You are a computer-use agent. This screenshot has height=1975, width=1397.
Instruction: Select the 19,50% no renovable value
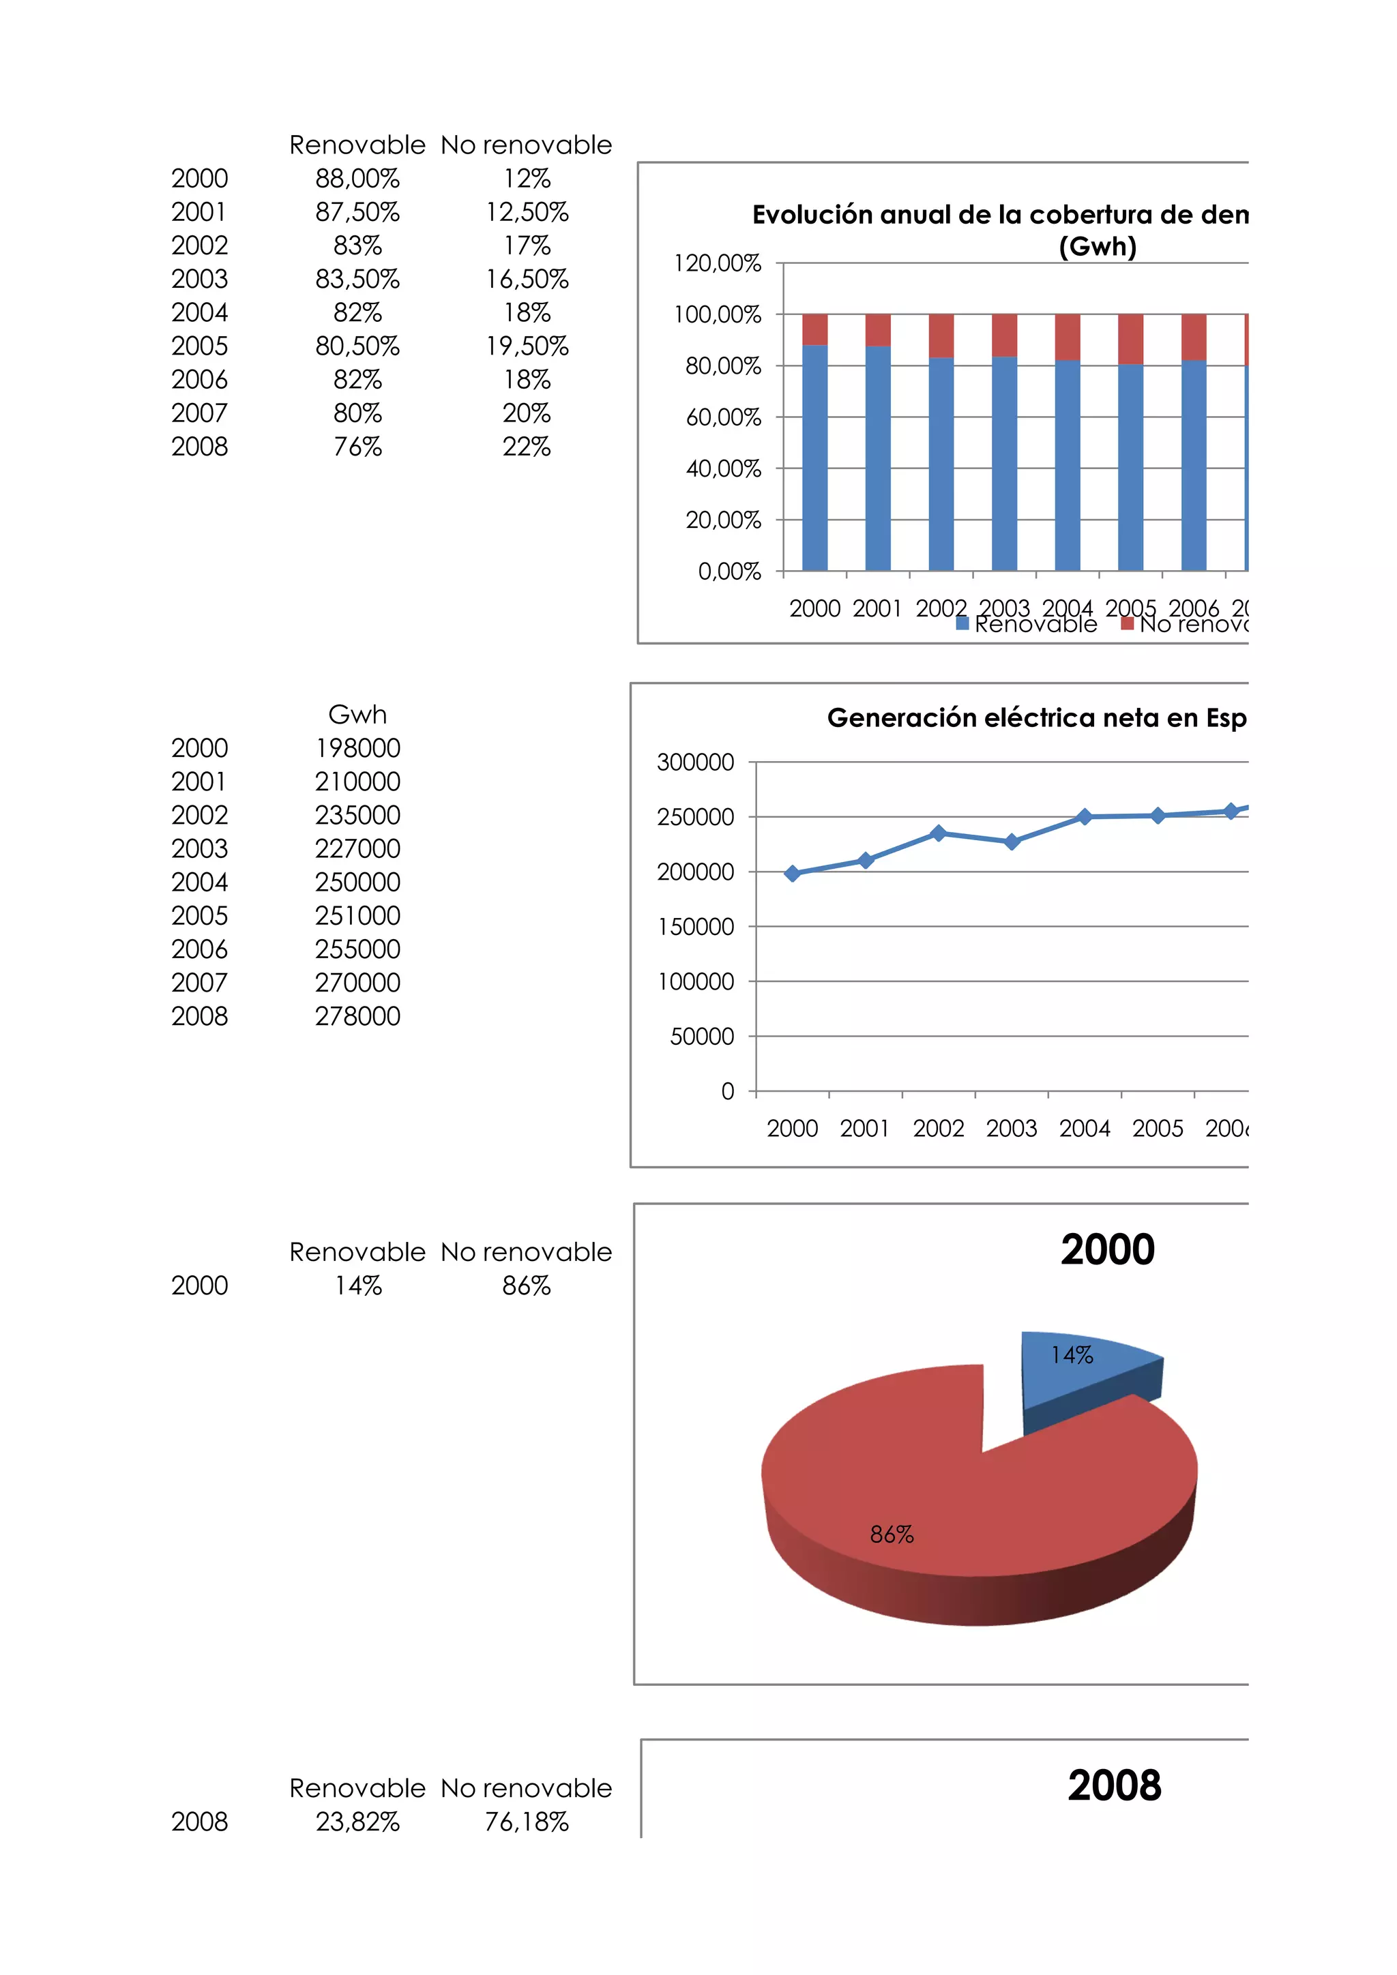527,346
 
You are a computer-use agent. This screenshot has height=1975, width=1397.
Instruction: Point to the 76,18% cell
527,1821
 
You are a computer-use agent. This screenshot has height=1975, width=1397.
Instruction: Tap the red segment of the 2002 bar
941,336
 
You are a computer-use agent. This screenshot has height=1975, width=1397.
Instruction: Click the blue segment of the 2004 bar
1067,464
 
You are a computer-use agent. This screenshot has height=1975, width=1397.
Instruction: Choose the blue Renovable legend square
962,623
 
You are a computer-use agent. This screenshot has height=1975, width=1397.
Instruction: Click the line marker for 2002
939,833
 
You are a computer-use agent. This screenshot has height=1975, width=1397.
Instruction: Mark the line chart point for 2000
792,873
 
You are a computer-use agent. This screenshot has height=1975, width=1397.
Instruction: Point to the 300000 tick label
695,762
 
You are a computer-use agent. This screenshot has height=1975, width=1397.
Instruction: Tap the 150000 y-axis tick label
695,926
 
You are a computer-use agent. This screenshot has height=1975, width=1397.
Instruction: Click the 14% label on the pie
1071,1356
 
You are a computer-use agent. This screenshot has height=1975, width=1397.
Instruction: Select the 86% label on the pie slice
891,1534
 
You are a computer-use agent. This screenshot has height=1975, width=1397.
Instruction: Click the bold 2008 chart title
1114,1786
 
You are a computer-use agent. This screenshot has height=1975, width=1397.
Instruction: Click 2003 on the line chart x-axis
1011,1129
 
